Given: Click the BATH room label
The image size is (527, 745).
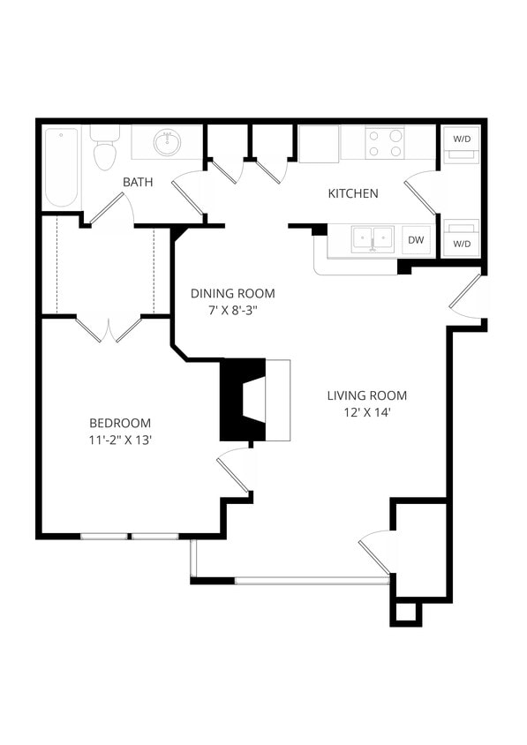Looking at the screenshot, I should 137,182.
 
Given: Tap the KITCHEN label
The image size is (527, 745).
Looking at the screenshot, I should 353,193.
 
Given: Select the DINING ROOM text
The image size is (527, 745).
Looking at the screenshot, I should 233,293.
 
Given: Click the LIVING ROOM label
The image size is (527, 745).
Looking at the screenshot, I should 367,395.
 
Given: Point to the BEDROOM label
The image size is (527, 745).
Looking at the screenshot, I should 120,423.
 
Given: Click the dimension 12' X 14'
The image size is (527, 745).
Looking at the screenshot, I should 367,411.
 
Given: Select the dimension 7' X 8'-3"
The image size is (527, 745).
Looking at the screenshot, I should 233,310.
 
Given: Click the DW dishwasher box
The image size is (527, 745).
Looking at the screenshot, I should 416,240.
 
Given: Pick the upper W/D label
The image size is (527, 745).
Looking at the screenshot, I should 461,139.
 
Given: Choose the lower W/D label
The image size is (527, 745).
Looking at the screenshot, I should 461,243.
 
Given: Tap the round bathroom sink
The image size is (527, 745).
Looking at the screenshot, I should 166,141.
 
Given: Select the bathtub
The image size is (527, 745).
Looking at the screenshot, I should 61,167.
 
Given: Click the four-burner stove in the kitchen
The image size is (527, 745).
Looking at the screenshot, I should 385,143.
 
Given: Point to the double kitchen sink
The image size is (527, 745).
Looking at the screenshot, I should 373,239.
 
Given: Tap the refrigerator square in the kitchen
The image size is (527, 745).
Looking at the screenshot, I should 318,144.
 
